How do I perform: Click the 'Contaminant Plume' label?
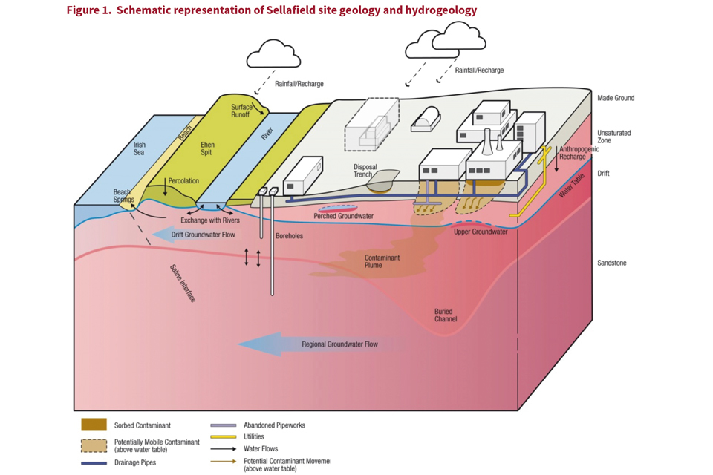point(382,261)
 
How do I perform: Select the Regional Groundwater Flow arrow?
point(312,344)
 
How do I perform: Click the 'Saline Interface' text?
point(182,283)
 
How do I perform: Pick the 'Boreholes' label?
point(289,236)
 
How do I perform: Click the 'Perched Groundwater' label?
point(343,217)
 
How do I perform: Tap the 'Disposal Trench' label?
point(365,171)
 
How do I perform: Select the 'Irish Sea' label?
point(139,148)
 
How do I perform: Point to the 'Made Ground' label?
point(616,98)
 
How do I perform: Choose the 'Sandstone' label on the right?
point(611,263)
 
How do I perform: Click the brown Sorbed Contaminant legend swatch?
point(94,425)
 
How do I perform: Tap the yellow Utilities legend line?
point(222,436)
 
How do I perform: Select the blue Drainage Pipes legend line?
point(94,462)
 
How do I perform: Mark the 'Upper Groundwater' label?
point(481,232)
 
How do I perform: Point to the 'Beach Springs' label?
point(123,196)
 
